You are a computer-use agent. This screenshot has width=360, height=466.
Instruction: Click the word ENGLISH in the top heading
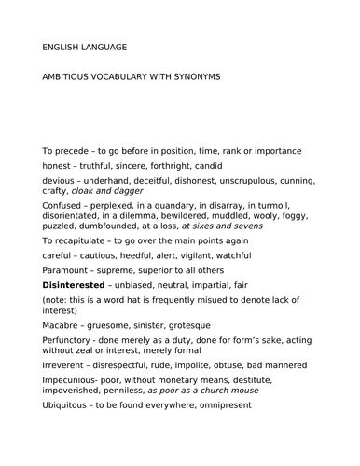[64, 46]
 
